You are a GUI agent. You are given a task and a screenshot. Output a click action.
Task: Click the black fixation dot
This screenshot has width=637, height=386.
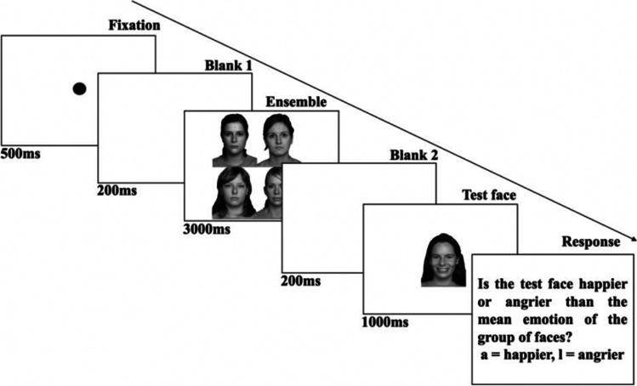click(79, 88)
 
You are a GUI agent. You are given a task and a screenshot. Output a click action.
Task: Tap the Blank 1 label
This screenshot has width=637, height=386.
click(228, 65)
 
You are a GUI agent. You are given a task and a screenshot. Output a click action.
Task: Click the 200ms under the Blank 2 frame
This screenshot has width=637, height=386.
click(300, 280)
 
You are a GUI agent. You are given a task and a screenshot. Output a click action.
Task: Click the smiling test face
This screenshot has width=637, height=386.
click(443, 259)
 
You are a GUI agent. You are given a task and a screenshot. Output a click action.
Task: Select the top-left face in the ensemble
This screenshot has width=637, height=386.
click(232, 140)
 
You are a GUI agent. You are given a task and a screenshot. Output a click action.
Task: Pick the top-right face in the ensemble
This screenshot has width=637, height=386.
click(278, 140)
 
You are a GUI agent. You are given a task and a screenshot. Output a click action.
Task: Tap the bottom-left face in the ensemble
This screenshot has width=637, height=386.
click(234, 193)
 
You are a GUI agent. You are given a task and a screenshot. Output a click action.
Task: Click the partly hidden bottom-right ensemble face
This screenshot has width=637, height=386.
click(272, 193)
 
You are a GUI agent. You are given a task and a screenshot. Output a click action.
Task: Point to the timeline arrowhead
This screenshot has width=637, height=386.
click(631, 242)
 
